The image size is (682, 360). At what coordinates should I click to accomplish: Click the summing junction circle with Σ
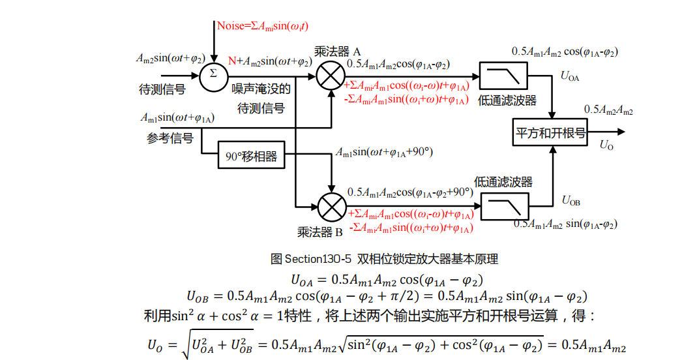[x=213, y=73]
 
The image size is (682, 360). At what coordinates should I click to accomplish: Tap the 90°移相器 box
[x=252, y=157]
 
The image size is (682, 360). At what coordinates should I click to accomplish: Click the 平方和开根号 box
[x=550, y=132]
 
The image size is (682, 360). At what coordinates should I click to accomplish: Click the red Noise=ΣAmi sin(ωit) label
[x=263, y=26]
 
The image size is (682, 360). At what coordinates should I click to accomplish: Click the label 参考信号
[x=170, y=138]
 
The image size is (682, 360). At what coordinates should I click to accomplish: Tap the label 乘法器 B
[x=319, y=232]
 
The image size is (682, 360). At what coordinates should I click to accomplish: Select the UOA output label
[x=570, y=76]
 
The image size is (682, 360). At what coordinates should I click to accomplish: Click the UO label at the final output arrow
[x=606, y=145]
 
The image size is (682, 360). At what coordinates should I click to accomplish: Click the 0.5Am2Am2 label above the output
[x=608, y=110]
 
